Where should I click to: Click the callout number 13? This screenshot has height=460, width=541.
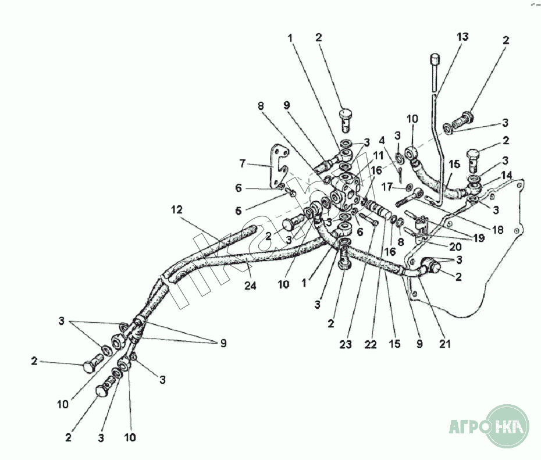pos(462,37)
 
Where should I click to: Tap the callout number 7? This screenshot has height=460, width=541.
pos(243,162)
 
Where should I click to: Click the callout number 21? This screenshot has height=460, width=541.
pos(445,344)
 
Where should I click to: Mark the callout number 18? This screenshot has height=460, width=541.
pos(497,230)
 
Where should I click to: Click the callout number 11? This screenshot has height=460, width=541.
pos(379,156)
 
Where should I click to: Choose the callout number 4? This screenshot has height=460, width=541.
pos(382,140)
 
